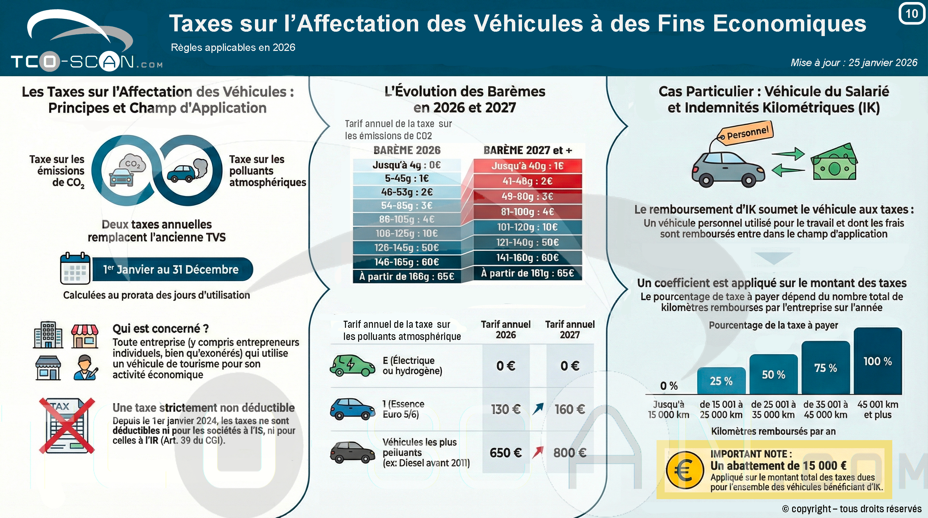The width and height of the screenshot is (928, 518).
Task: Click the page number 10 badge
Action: click(x=911, y=14)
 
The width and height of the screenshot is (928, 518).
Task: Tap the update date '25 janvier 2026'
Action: click(x=882, y=63)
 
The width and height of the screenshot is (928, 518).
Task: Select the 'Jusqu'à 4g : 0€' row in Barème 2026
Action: click(x=407, y=165)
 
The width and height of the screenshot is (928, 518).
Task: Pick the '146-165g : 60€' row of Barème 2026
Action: click(x=407, y=262)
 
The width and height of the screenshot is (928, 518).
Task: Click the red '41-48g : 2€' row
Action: click(x=527, y=181)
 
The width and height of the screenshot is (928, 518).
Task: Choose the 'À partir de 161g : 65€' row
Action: click(x=527, y=273)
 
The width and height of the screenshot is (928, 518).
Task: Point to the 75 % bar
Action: click(x=825, y=368)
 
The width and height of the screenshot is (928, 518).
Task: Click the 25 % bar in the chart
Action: click(x=721, y=381)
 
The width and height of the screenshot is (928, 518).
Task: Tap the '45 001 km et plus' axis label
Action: click(x=877, y=409)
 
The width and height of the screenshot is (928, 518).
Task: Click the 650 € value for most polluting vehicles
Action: click(x=505, y=453)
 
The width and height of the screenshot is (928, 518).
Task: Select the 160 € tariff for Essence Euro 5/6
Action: click(x=570, y=409)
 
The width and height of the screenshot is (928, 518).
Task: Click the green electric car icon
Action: click(x=352, y=365)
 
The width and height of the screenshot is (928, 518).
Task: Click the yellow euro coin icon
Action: click(x=685, y=470)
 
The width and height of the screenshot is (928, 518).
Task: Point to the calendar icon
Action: click(x=75, y=268)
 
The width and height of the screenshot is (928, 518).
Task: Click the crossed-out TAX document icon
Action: click(x=67, y=425)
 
